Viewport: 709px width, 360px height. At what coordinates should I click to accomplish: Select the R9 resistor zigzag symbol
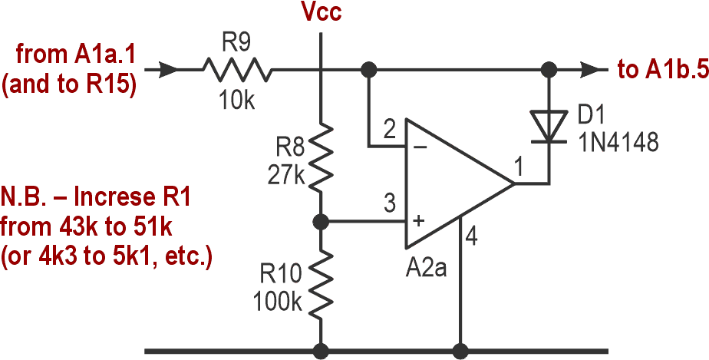(237, 71)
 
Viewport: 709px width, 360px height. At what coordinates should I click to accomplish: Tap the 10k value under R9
(237, 101)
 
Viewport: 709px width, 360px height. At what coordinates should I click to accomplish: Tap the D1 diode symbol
(548, 126)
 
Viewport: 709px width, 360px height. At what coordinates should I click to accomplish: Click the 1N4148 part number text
(619, 144)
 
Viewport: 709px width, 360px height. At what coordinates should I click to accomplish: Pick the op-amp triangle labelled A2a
(453, 184)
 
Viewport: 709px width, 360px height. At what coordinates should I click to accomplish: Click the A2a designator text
(427, 270)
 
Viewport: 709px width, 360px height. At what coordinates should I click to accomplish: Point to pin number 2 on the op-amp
(390, 131)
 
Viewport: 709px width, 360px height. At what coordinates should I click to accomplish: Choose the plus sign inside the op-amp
(419, 222)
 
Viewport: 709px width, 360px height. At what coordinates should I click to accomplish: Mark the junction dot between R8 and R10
(321, 222)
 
